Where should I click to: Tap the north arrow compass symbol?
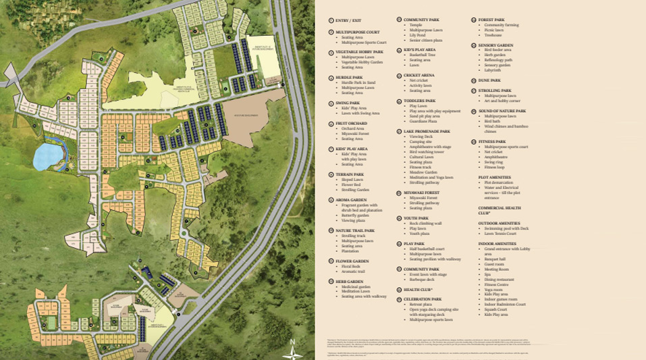point(292,346)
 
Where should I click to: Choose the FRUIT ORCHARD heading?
point(351,124)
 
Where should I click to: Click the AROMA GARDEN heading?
point(352,200)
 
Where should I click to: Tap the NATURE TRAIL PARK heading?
point(355,230)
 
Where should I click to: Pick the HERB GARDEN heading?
point(350,281)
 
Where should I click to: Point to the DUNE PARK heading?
point(489,80)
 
